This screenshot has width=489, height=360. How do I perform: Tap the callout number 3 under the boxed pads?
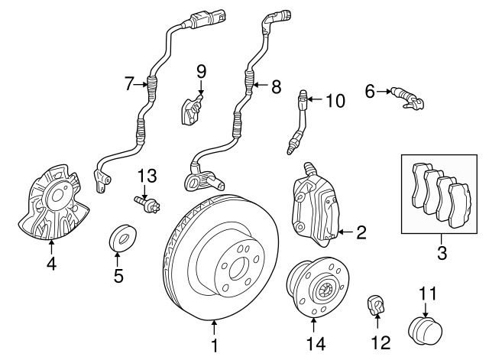tap(441, 252)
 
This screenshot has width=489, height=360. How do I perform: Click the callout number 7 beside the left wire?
tap(129, 84)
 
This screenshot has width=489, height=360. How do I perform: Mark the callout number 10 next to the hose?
tap(335, 100)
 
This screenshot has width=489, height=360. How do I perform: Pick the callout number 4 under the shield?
tap(50, 265)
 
